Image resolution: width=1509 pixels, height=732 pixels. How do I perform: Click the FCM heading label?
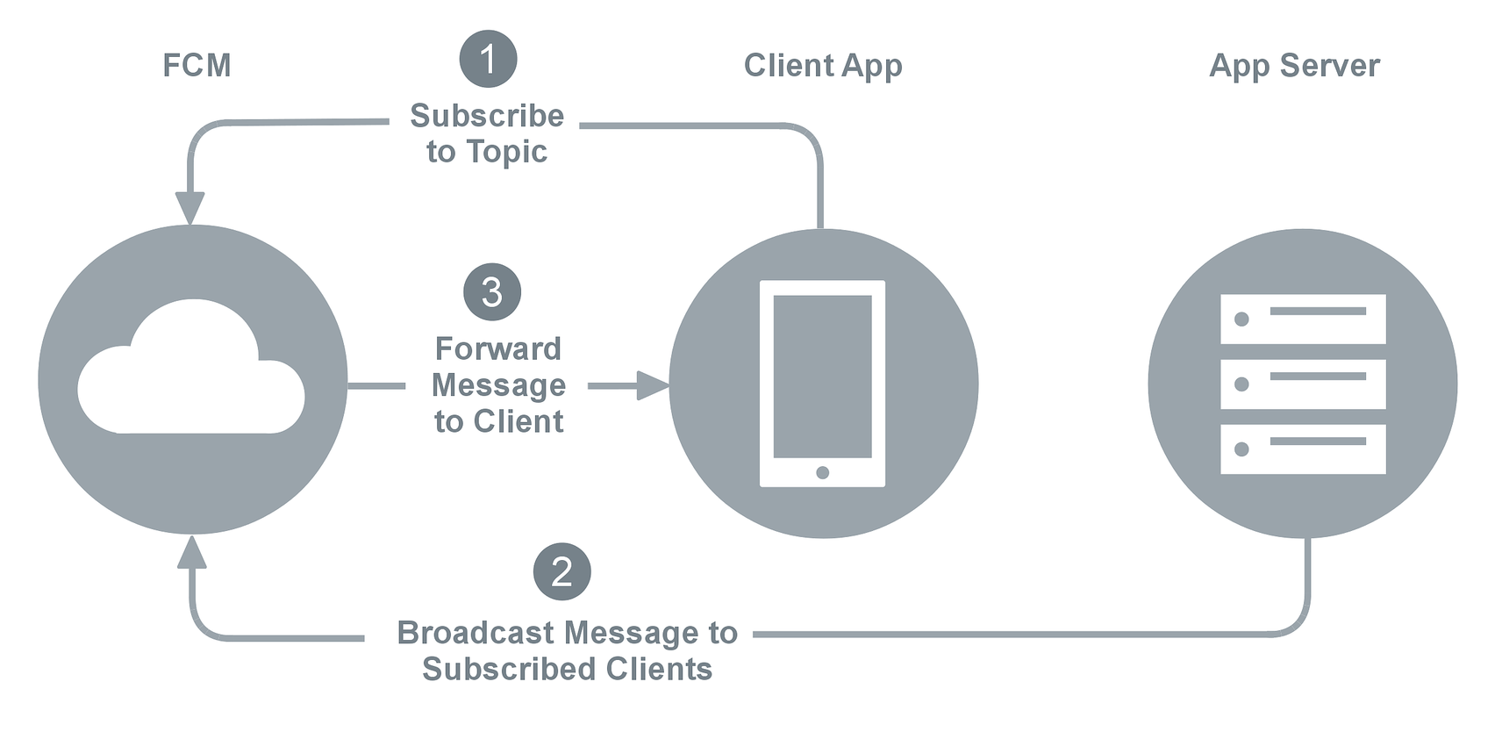point(197,66)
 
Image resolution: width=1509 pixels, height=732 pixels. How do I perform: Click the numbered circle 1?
point(488,60)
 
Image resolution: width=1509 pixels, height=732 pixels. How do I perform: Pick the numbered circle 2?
point(562,571)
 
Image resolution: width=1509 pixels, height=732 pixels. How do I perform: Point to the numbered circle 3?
point(492,292)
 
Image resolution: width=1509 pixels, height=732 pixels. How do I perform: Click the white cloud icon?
point(191,366)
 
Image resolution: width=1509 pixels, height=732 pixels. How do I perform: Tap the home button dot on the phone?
point(822,473)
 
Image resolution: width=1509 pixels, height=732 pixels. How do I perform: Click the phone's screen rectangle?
point(822,376)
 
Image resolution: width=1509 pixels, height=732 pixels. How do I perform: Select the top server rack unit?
point(1303,319)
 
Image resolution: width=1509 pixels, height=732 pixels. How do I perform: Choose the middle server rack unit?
point(1303,384)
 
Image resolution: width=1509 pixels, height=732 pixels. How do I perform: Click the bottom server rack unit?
point(1303,449)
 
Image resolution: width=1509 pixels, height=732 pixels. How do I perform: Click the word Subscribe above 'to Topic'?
point(487,116)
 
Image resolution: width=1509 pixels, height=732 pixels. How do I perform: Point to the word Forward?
point(498,349)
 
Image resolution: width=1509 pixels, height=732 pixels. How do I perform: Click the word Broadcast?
point(476,633)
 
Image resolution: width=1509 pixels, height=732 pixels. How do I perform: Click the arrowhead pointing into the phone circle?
point(653,385)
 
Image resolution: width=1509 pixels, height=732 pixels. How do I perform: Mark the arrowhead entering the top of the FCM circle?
point(190,208)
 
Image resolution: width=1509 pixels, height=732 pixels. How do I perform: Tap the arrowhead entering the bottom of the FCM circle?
point(191,551)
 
